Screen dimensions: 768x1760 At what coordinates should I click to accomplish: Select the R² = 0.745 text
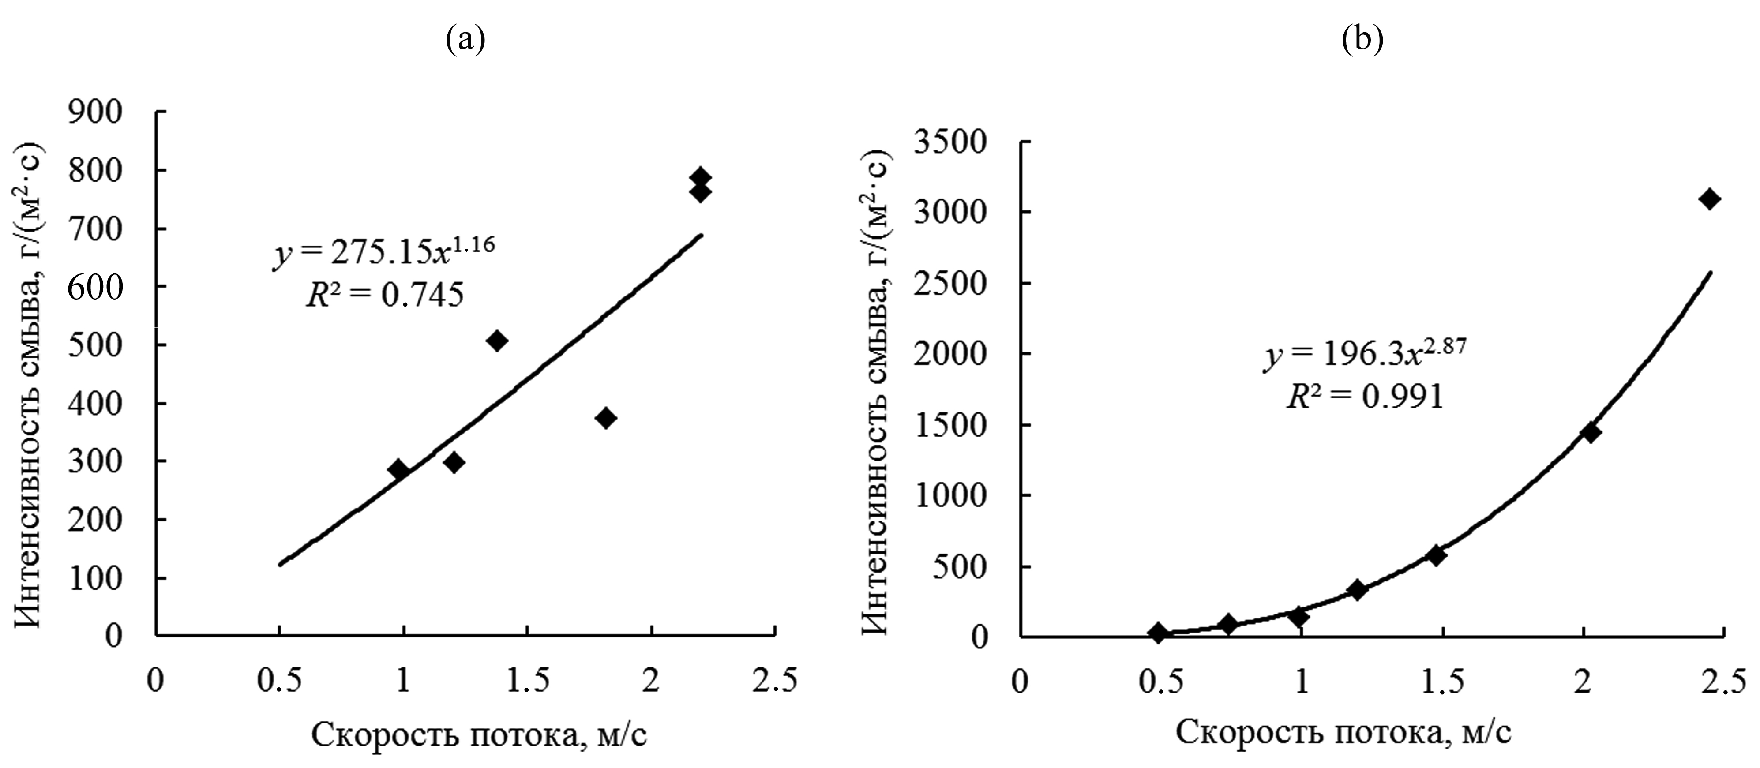(384, 295)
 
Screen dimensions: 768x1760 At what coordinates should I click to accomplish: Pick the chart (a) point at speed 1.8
(605, 418)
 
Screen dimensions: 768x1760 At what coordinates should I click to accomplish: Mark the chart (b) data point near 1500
(1591, 432)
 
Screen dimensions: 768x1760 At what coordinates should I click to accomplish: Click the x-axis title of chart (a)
(479, 736)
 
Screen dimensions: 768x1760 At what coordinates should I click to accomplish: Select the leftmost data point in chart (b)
(1157, 633)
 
